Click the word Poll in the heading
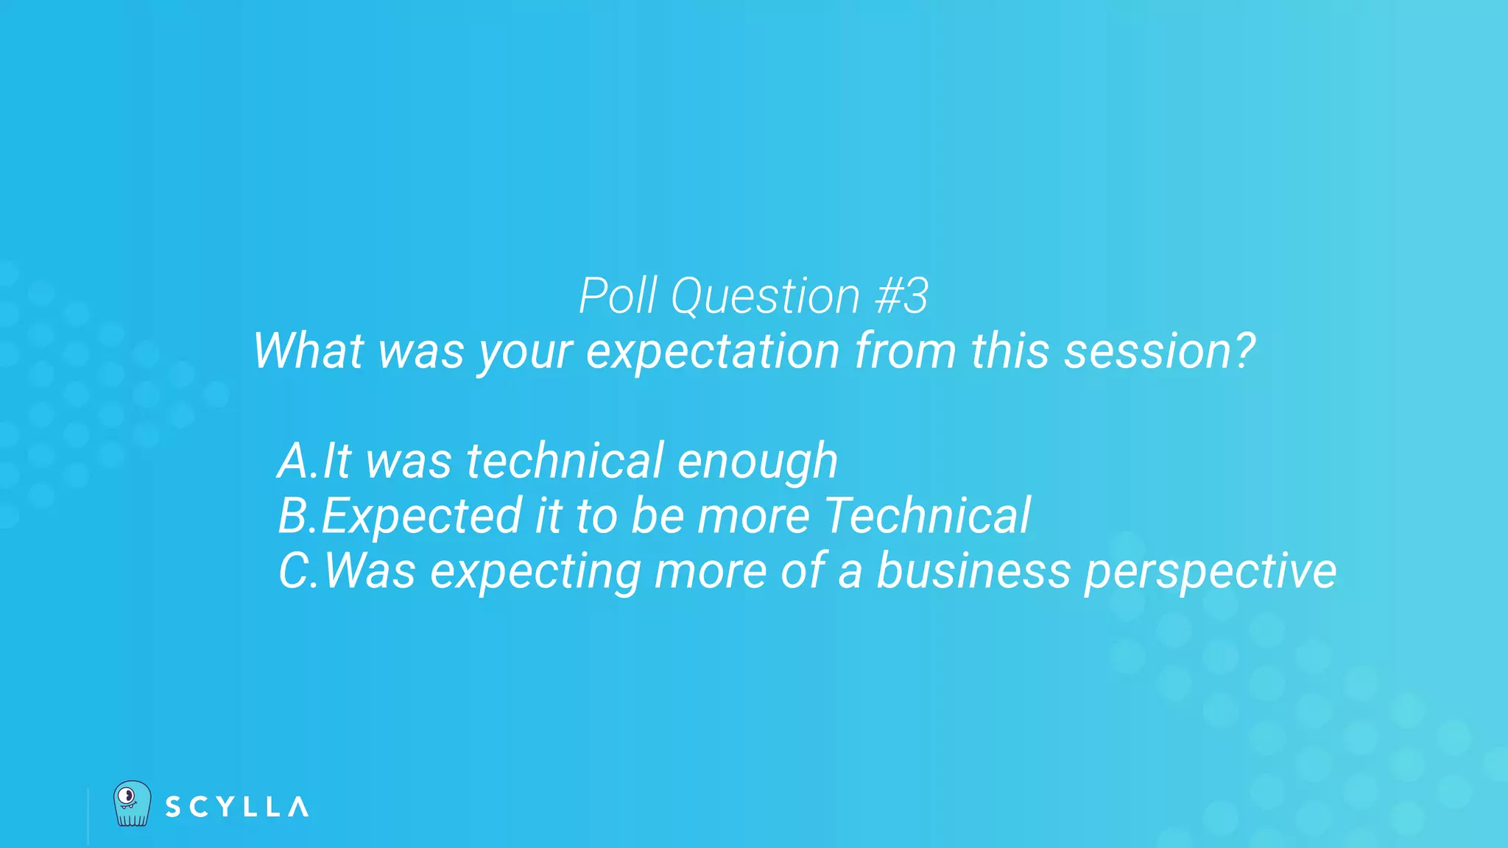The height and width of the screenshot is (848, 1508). point(617,297)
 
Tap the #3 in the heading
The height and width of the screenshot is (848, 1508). point(901,297)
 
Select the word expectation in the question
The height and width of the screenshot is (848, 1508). point(712,352)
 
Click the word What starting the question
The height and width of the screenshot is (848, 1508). point(309,351)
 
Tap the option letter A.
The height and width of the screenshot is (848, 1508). point(295,462)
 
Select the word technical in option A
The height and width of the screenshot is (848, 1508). point(565,462)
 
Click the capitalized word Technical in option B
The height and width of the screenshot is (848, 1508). point(927,516)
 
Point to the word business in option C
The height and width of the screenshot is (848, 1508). point(973,571)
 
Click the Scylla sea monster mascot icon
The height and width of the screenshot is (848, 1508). point(132,803)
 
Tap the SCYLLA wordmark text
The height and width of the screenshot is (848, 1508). point(236,807)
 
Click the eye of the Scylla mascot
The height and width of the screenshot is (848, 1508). point(127,796)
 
